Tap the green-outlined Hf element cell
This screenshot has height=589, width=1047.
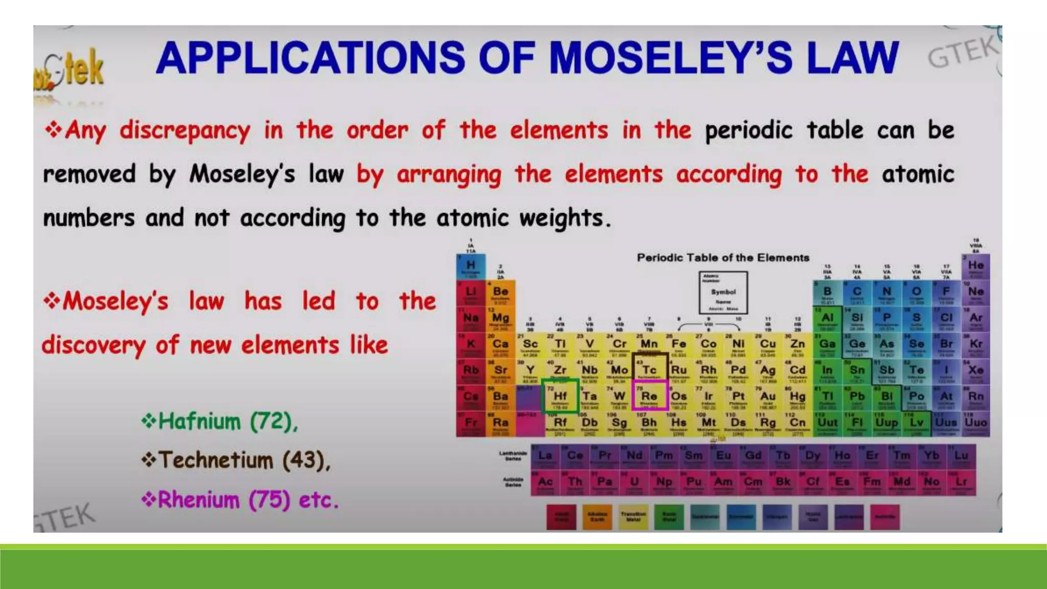pyautogui.click(x=560, y=397)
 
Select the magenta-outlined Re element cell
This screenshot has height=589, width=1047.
pyautogui.click(x=649, y=396)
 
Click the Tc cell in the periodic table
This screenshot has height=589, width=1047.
pyautogui.click(x=649, y=370)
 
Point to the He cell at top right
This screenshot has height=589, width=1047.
pyautogui.click(x=975, y=266)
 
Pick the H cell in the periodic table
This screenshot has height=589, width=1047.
pyautogui.click(x=470, y=266)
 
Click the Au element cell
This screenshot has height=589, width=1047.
pyautogui.click(x=768, y=397)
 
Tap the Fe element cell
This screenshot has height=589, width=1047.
pyautogui.click(x=679, y=344)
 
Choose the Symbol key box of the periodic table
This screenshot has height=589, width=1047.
pyautogui.click(x=723, y=292)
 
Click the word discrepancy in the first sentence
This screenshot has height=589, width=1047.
pyautogui.click(x=185, y=131)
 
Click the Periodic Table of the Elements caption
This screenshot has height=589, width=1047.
pyautogui.click(x=723, y=258)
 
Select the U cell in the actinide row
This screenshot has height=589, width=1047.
pyautogui.click(x=634, y=482)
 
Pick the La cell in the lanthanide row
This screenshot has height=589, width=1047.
pyautogui.click(x=545, y=456)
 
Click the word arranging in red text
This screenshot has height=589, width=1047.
pyautogui.click(x=449, y=174)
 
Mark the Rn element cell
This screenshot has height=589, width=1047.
pyautogui.click(x=975, y=397)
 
